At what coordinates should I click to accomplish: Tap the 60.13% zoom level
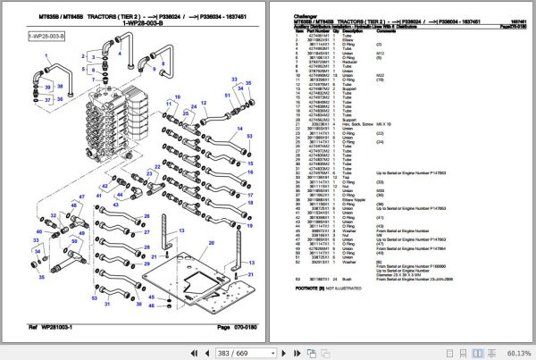515,351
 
